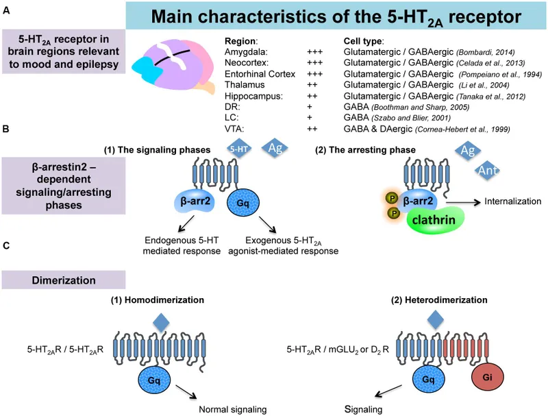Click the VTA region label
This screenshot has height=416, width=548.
(x=234, y=127)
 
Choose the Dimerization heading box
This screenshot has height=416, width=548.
(x=63, y=280)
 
